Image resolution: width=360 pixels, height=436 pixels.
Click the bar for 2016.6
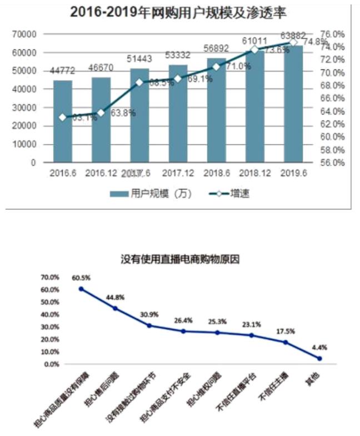[x=63, y=122]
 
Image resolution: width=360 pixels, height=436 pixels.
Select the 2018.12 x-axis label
[x=255, y=173]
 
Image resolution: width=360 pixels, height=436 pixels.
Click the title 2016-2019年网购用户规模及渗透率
[x=177, y=12]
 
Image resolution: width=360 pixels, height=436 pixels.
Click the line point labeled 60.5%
[x=81, y=289]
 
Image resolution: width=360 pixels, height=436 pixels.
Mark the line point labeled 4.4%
[x=319, y=358]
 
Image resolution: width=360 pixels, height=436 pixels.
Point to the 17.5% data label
[x=285, y=331]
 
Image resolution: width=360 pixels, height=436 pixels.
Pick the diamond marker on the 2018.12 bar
[x=254, y=49]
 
